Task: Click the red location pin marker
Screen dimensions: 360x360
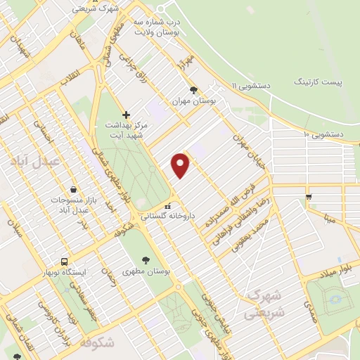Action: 181,165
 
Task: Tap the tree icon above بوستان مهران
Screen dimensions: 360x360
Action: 194,90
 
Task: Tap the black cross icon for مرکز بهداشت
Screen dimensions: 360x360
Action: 126,114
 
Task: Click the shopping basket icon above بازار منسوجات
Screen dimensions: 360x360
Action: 73,189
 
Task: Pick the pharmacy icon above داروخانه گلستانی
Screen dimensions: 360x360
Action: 167,207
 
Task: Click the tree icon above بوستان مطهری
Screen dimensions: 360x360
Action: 146,259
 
